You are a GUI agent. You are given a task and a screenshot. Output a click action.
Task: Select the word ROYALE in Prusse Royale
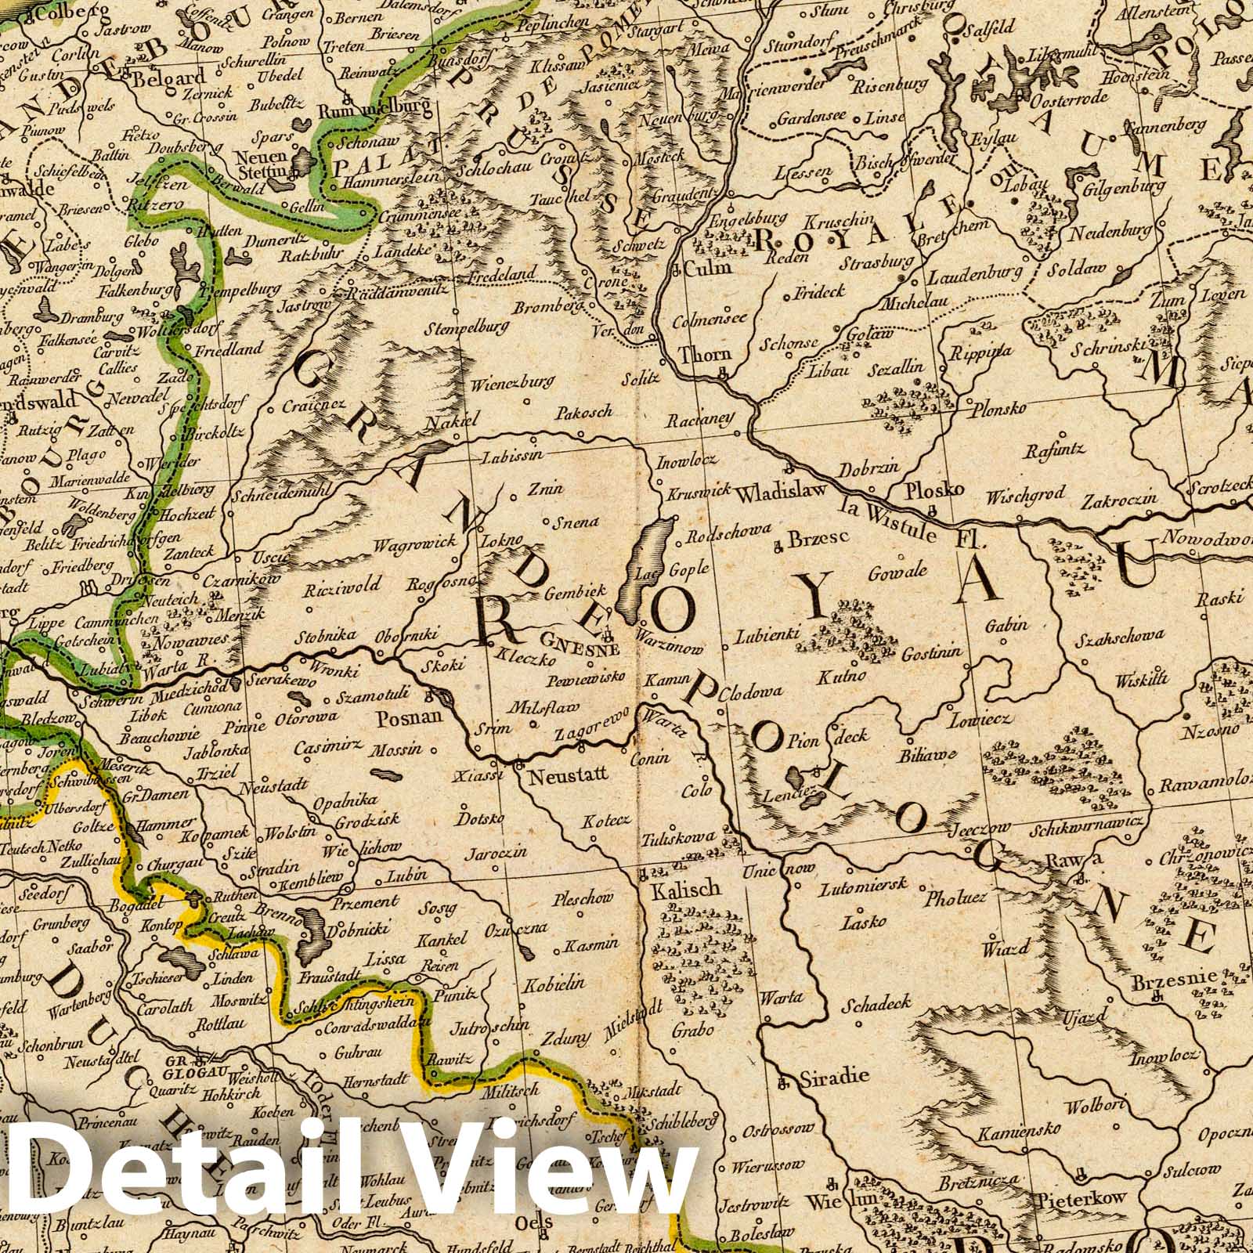click(x=854, y=227)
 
